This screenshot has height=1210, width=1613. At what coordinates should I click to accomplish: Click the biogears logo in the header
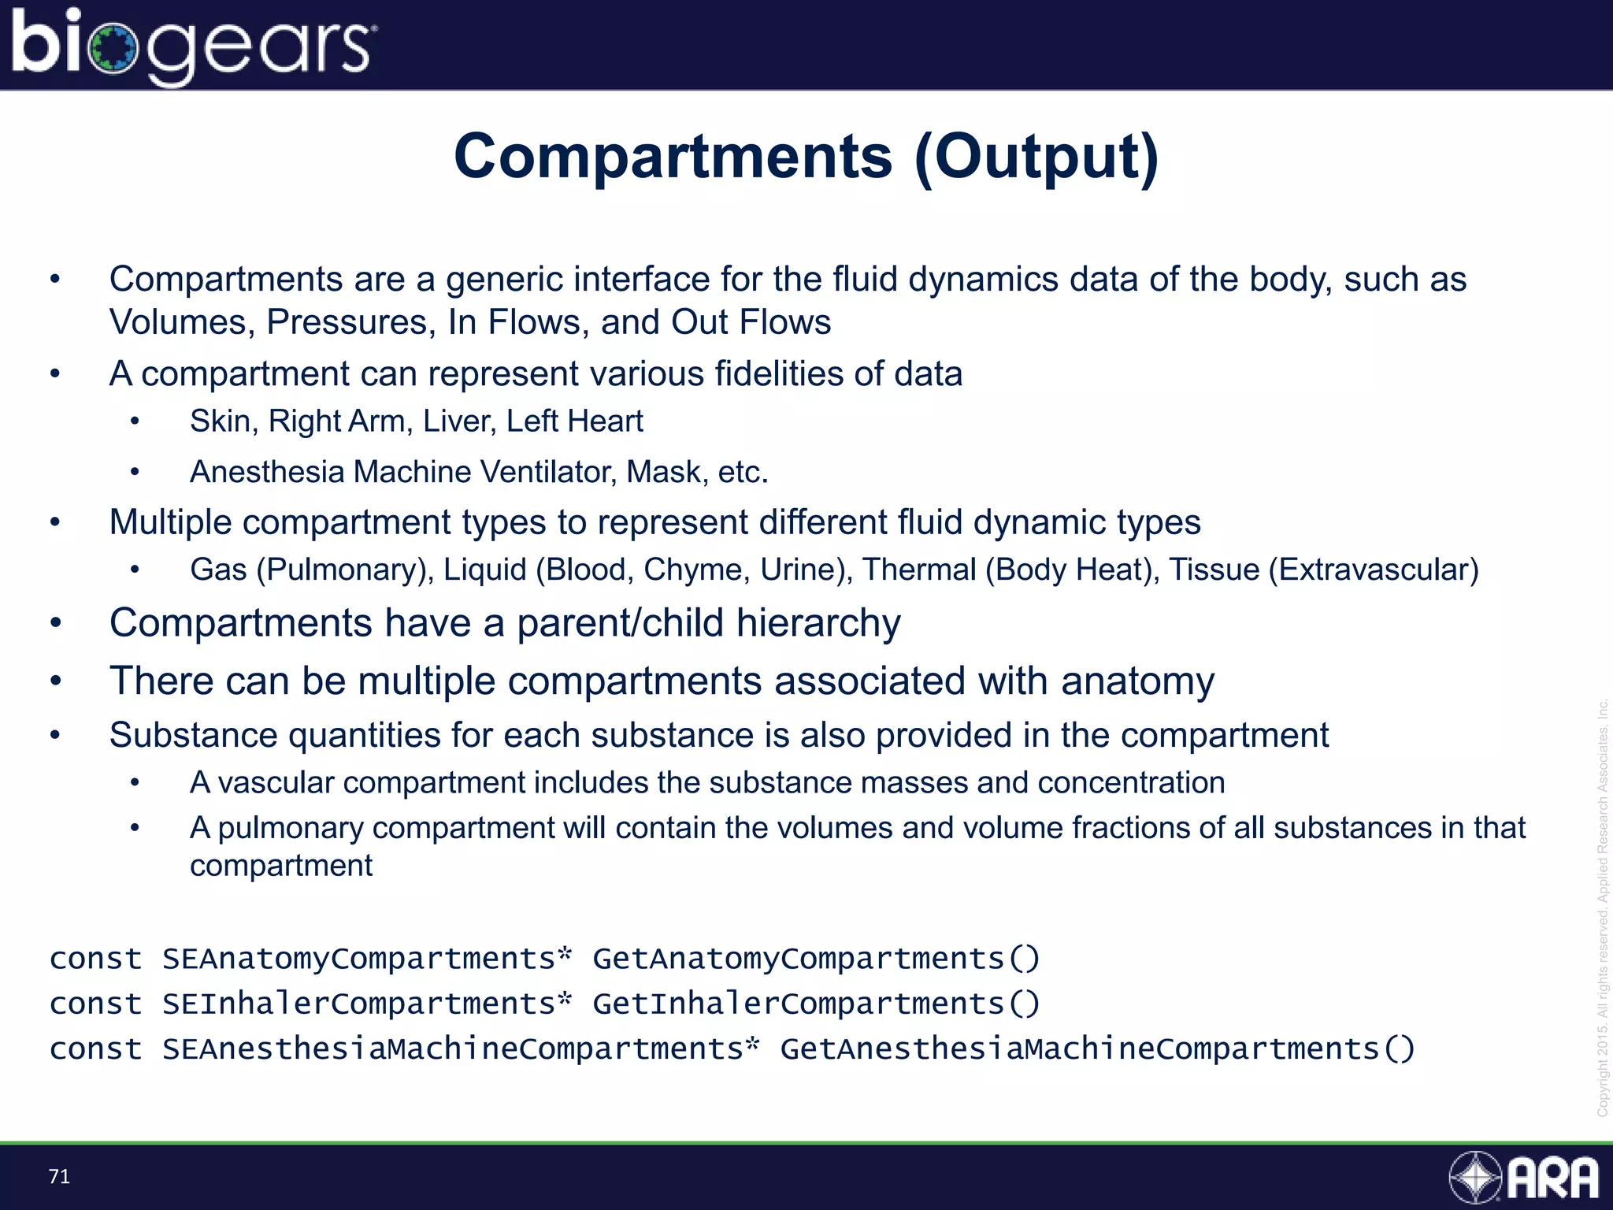[193, 46]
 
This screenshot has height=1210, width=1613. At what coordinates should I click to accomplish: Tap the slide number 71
[59, 1177]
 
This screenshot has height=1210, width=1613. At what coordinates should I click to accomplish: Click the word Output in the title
[1036, 157]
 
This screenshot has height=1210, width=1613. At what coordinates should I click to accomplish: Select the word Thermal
[918, 570]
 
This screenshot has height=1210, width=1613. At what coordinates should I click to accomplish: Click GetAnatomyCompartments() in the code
[816, 959]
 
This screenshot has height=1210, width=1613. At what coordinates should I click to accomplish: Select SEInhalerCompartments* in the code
[367, 1004]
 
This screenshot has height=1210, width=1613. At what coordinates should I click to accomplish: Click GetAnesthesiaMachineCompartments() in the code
[1097, 1049]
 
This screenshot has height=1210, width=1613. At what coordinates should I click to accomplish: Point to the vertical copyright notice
[1602, 906]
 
